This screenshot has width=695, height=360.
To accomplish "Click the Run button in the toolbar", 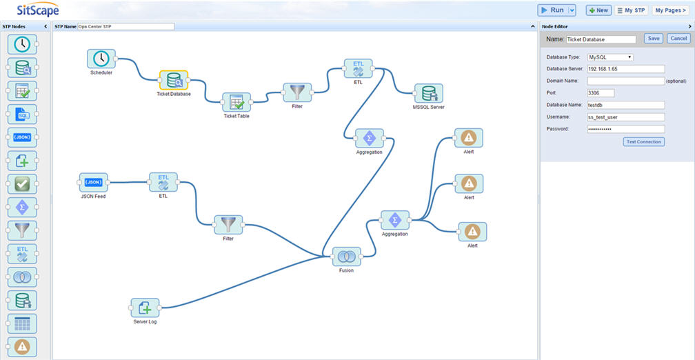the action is [552, 10].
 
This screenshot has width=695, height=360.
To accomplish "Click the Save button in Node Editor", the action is [654, 39].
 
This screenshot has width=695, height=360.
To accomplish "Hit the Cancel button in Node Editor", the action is [678, 39].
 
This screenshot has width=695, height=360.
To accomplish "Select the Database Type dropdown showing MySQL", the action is [610, 57].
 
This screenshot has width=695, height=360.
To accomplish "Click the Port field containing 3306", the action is [601, 93].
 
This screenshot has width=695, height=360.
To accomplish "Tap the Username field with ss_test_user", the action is [626, 117].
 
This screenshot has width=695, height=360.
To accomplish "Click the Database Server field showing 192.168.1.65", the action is [626, 69].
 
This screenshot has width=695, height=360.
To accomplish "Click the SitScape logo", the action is [38, 10].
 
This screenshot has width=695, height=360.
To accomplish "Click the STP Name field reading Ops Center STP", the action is [126, 27].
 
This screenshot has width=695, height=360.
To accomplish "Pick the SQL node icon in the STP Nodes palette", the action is [22, 114].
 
